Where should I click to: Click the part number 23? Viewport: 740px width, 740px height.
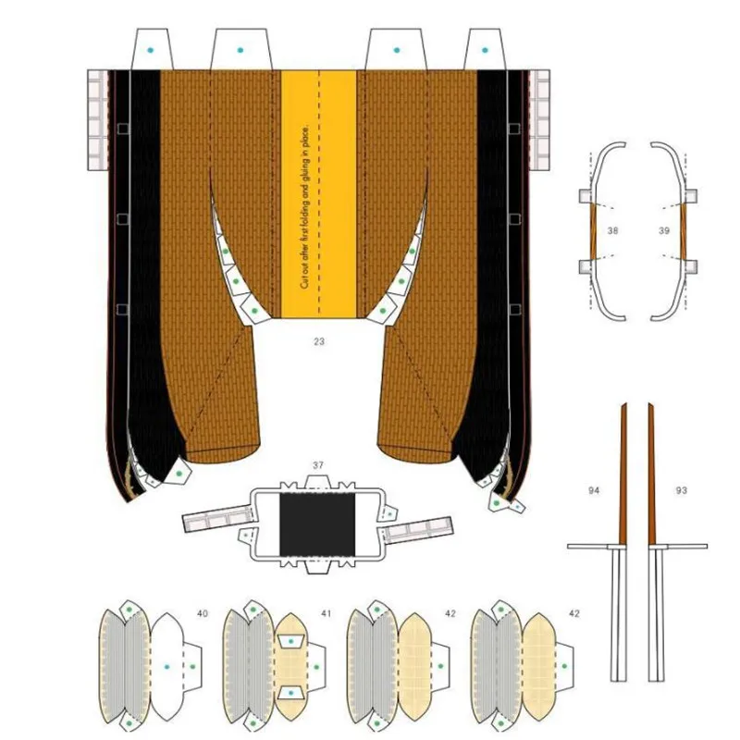click(319, 342)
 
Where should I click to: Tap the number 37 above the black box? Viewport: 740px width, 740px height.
click(317, 464)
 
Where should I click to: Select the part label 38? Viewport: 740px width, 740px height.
click(612, 228)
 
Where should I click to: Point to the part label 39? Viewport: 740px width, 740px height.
click(663, 228)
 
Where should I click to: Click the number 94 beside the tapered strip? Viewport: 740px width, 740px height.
click(594, 488)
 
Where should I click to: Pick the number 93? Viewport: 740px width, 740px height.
click(682, 488)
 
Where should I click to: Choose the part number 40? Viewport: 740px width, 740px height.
click(203, 613)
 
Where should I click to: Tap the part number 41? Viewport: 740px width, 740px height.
click(325, 613)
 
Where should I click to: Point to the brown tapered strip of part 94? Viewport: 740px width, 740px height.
click(623, 472)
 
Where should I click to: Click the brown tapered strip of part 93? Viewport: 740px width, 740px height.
click(652, 472)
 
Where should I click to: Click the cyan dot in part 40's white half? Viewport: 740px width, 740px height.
click(166, 666)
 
